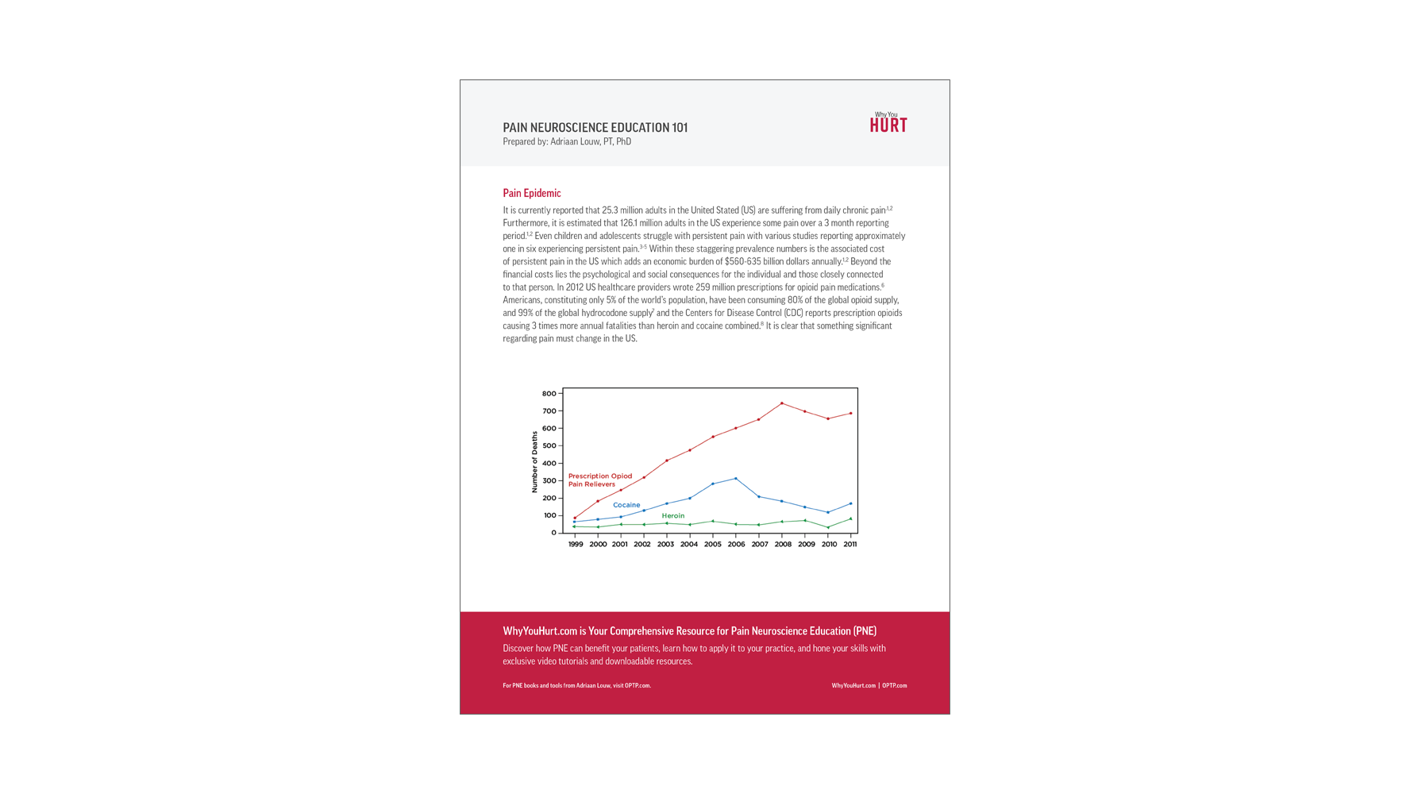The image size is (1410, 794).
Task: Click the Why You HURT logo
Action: tap(888, 122)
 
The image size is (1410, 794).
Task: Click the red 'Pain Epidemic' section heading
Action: tap(531, 193)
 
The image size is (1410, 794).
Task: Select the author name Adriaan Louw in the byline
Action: tap(575, 142)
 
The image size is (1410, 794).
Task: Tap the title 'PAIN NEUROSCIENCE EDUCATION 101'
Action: tap(595, 127)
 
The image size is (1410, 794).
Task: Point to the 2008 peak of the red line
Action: tap(782, 403)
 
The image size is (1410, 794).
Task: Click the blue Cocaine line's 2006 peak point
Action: tap(736, 479)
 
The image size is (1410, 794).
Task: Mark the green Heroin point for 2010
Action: tap(828, 528)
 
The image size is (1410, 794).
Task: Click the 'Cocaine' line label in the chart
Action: tap(626, 505)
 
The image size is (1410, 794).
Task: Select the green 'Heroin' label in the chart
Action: tap(672, 516)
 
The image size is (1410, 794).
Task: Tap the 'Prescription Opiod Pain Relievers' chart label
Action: tap(599, 480)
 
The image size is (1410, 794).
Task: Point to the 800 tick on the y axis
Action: tap(549, 394)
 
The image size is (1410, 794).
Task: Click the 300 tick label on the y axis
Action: tap(549, 481)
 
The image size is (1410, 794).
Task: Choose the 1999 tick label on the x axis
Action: tap(576, 545)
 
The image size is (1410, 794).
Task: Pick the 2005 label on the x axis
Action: tap(712, 545)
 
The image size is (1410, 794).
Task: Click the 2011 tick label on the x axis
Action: tap(849, 545)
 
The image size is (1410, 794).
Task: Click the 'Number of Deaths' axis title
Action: tap(534, 462)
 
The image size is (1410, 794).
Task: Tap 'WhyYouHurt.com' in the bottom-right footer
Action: tap(853, 686)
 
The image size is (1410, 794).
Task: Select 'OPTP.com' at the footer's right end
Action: tap(894, 686)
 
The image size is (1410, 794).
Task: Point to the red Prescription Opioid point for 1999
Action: tap(575, 518)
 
